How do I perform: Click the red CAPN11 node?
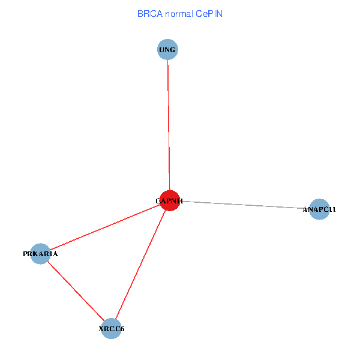(169, 200)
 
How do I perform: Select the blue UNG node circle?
(167, 49)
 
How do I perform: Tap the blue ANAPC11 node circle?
(319, 209)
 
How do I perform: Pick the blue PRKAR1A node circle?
(40, 254)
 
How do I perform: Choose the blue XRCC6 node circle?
(112, 328)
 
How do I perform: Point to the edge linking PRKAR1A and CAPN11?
(104, 227)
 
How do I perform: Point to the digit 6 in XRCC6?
(122, 329)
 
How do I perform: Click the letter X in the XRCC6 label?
(101, 329)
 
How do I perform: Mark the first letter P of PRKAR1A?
(25, 254)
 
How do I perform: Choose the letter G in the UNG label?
(173, 50)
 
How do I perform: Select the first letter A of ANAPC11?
(305, 209)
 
